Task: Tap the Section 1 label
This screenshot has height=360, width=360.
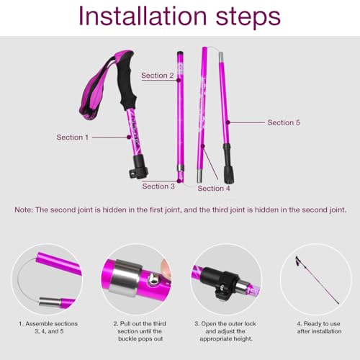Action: (x=73, y=137)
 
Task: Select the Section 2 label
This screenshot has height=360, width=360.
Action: (x=157, y=75)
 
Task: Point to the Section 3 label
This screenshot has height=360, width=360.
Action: (x=158, y=186)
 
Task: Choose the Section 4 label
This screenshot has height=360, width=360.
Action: (x=214, y=188)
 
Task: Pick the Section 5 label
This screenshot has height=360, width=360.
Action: (x=284, y=122)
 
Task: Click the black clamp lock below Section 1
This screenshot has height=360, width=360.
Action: (x=138, y=172)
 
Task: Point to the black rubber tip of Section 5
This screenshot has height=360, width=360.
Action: (x=229, y=173)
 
